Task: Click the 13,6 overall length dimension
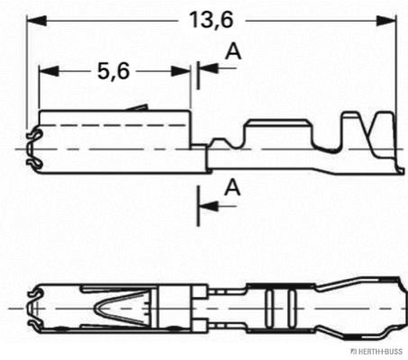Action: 207,19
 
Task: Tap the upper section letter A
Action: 232,53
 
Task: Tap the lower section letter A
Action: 232,187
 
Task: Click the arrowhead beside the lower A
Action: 206,206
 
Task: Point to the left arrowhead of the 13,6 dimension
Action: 36,19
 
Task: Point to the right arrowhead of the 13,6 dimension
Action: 391,19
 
